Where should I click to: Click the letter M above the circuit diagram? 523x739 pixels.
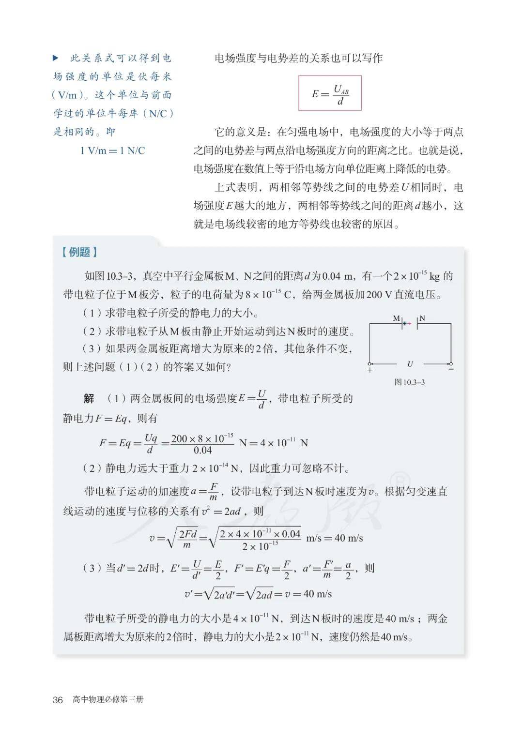[396, 318]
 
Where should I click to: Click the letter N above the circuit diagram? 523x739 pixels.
[422, 318]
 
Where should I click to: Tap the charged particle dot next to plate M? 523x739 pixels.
[404, 323]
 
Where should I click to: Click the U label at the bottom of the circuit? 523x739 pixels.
[410, 364]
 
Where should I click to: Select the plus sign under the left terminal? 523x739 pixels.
[370, 370]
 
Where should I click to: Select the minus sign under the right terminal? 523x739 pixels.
[451, 370]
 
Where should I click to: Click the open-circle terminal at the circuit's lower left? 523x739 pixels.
[370, 363]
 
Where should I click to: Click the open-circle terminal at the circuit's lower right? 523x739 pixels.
[451, 363]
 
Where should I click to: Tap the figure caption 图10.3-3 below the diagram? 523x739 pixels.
[410, 382]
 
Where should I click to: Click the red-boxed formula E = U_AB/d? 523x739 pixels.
[330, 93]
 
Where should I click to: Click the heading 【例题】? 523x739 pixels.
[79, 252]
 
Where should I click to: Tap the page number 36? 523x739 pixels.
[58, 700]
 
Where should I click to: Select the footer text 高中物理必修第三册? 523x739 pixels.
[108, 699]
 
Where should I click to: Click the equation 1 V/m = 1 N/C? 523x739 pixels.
[112, 151]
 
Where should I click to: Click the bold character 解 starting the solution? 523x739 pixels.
[89, 399]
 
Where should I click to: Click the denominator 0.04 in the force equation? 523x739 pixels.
[202, 451]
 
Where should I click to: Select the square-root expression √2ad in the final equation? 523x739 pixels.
[260, 594]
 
